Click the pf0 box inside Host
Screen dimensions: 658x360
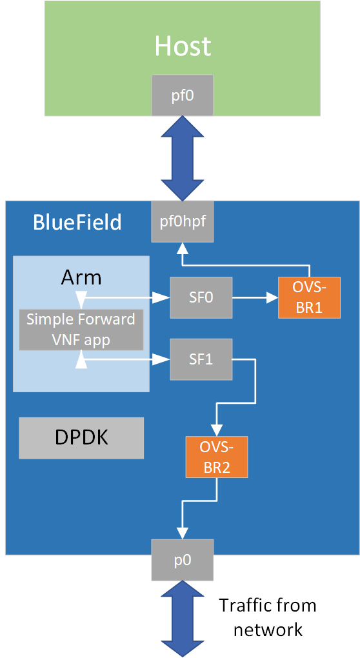click(x=183, y=95)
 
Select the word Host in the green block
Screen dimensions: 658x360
click(x=183, y=46)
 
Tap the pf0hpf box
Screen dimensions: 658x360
click(x=183, y=221)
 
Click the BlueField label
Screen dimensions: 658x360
click(x=77, y=223)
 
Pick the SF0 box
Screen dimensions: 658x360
click(x=201, y=297)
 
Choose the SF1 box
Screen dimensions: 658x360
click(x=201, y=359)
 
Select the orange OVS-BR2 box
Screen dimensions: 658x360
click(x=216, y=457)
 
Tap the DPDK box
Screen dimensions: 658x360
click(x=81, y=437)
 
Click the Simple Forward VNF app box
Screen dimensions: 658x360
click(x=81, y=330)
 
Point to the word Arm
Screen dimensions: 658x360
click(x=81, y=277)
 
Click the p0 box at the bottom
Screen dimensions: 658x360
click(x=183, y=559)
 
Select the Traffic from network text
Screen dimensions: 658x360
click(x=267, y=617)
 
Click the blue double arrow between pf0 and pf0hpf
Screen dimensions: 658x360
click(x=183, y=159)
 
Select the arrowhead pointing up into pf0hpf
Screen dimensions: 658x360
click(x=183, y=248)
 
